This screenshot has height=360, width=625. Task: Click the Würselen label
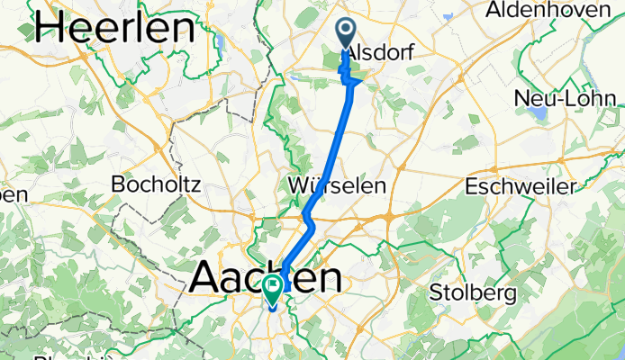tap(339, 184)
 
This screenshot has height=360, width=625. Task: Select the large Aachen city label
tap(266, 277)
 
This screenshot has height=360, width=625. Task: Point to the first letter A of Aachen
tap(206, 277)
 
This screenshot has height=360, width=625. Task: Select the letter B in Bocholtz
tap(117, 184)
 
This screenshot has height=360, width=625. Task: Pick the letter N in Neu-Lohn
tap(520, 97)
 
